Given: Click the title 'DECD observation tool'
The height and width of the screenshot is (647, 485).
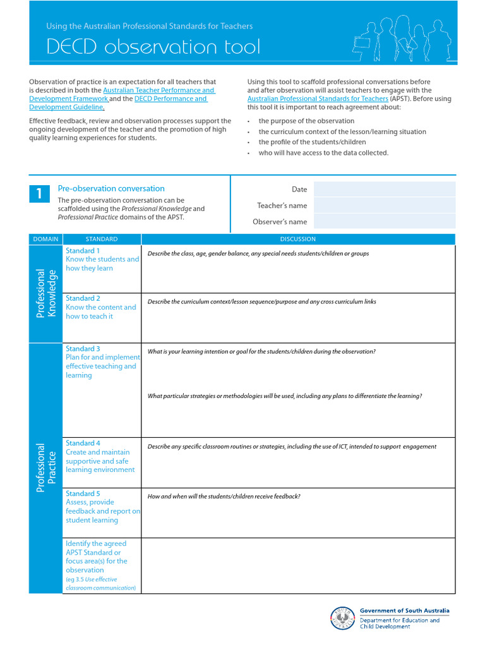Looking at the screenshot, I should click(x=153, y=47).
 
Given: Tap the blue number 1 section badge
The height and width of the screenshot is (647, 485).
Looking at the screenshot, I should click(x=39, y=194).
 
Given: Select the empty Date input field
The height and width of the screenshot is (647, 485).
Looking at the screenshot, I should click(x=384, y=189).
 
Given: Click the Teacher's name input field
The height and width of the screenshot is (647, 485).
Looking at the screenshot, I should click(x=384, y=205).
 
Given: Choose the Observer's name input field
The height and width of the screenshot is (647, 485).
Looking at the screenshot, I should click(x=384, y=221).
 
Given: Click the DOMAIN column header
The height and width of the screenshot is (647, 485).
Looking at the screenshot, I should click(x=45, y=239).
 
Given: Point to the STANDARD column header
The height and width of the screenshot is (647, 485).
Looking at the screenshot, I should click(x=101, y=239).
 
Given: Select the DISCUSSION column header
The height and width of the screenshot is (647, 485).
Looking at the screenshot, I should click(x=297, y=239).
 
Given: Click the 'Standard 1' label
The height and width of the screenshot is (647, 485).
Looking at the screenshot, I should click(x=83, y=251).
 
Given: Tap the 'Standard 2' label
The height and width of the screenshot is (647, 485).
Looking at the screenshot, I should click(x=83, y=298).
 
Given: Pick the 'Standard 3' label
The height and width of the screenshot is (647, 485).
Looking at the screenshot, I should click(x=83, y=349).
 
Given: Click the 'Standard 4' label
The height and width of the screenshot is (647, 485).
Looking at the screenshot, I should click(x=83, y=444).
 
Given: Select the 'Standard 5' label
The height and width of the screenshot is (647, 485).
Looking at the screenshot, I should click(x=83, y=493).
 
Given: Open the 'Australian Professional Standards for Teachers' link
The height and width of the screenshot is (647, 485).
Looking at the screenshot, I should click(x=318, y=99).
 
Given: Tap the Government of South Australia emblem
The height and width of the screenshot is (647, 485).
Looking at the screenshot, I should click(x=343, y=619).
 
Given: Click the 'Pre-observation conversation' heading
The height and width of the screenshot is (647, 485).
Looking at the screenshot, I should click(x=111, y=188).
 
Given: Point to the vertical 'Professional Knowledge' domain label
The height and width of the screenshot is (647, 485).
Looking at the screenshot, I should click(x=47, y=293).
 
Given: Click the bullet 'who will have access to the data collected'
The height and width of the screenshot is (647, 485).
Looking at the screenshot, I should click(x=323, y=153).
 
